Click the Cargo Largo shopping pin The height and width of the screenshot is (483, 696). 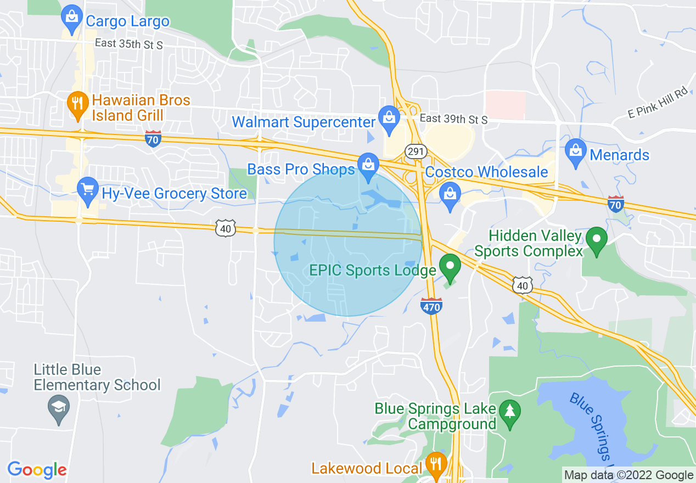click(72, 17)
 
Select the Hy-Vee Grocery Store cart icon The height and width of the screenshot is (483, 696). click(87, 190)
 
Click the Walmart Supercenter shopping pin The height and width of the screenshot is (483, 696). click(389, 119)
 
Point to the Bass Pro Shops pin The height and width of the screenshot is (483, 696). click(368, 165)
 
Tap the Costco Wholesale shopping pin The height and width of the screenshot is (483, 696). click(450, 195)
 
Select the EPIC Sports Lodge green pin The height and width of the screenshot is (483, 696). click(451, 267)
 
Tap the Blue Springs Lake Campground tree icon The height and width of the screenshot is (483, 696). click(510, 411)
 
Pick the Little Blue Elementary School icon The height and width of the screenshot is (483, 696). click(58, 408)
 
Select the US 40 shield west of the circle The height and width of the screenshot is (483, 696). click(226, 228)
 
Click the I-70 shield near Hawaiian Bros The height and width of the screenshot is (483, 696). click(154, 139)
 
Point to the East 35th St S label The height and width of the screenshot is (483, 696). click(128, 45)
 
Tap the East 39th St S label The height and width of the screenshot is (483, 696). click(453, 119)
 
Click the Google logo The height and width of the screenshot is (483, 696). click(37, 470)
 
